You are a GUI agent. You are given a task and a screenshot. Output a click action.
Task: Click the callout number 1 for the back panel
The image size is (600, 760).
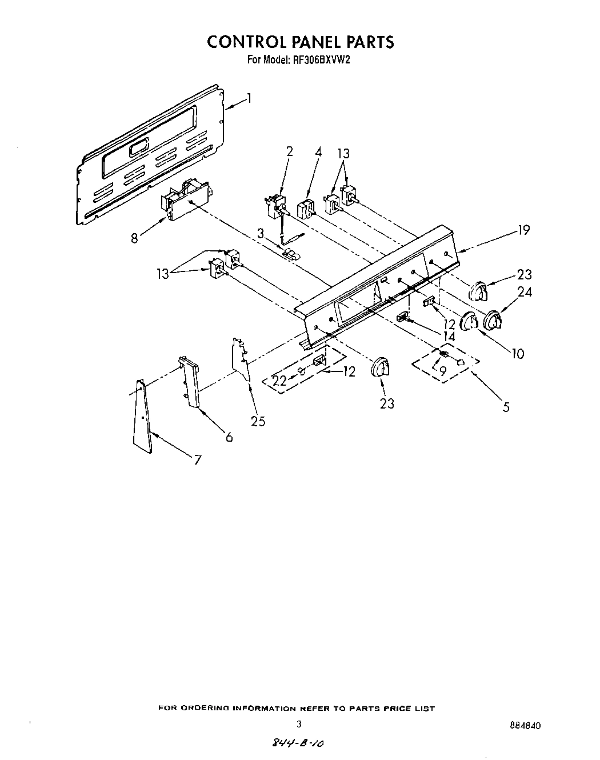(x=249, y=99)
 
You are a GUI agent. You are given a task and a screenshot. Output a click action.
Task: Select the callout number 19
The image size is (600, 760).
(x=523, y=230)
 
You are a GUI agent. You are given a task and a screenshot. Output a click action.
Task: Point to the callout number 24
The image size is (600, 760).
(x=524, y=292)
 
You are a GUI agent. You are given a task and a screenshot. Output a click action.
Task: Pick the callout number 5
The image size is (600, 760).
(x=506, y=407)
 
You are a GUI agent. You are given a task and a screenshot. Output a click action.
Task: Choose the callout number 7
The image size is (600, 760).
(x=197, y=459)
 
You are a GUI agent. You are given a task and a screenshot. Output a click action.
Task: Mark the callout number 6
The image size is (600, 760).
(x=229, y=437)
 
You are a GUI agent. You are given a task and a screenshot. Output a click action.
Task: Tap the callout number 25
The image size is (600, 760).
(x=258, y=421)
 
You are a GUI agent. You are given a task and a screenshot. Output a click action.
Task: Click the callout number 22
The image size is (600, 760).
(x=278, y=381)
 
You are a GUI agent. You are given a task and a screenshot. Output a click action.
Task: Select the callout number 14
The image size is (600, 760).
(x=449, y=337)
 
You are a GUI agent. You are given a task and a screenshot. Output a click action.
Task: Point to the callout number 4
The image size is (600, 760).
(x=318, y=152)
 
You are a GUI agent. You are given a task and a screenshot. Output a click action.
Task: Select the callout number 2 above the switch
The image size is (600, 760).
(x=289, y=152)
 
